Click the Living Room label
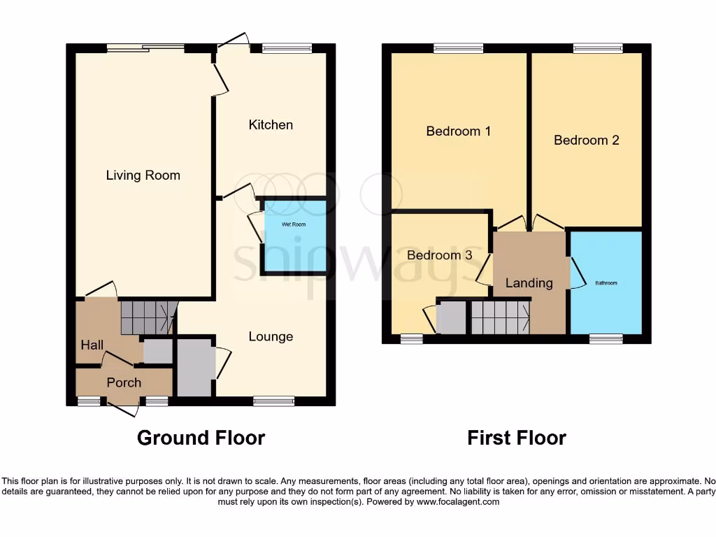(x=143, y=176)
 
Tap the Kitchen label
(x=271, y=124)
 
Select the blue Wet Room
(x=294, y=236)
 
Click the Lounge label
(x=271, y=336)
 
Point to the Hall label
(x=92, y=345)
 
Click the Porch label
(x=124, y=382)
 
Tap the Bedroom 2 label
(x=586, y=140)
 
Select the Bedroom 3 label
(x=439, y=255)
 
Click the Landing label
(x=529, y=282)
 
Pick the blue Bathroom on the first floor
(x=606, y=282)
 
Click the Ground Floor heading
(x=201, y=438)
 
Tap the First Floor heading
(x=516, y=438)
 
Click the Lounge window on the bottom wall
(x=273, y=401)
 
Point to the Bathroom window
(x=606, y=339)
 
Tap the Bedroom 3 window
(x=411, y=339)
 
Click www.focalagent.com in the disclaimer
(x=457, y=501)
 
